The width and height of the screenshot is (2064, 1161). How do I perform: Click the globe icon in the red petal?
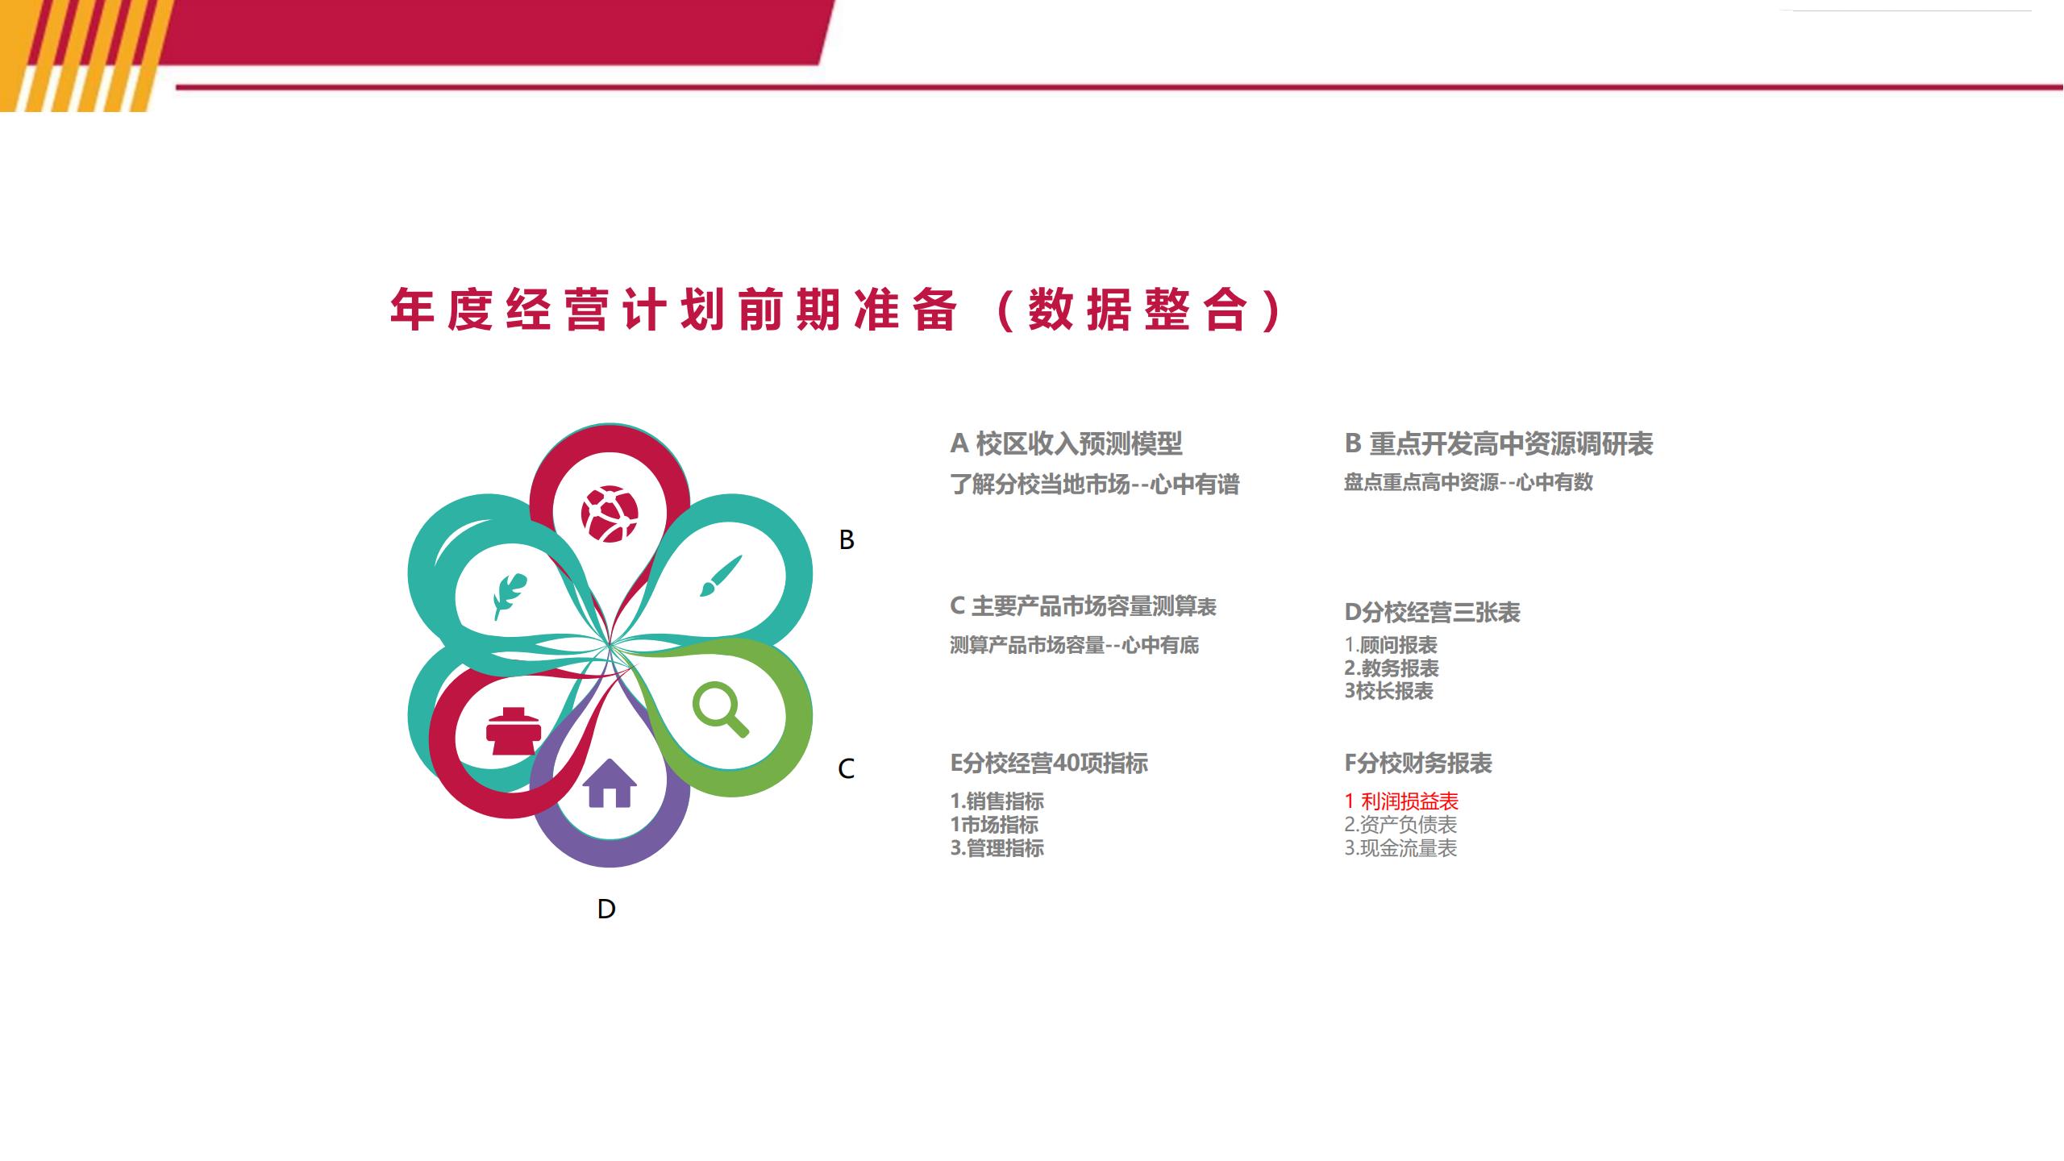610,514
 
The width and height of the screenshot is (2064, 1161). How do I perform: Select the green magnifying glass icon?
720,709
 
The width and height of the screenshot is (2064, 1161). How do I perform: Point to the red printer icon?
514,730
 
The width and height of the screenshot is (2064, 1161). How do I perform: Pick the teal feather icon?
510,596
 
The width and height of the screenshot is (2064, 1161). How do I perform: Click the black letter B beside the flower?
847,540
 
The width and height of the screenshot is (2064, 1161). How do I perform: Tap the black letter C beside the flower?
847,769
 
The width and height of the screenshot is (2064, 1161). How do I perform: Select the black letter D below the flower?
606,909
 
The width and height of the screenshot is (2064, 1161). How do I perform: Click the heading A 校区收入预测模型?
1066,443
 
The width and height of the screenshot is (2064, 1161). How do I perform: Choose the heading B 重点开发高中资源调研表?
1499,443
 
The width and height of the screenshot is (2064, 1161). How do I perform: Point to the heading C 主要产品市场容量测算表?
1083,606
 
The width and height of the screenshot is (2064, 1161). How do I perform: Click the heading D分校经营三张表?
1432,613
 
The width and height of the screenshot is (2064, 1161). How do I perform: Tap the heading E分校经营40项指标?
1049,764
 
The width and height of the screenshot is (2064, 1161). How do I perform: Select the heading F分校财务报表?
1418,764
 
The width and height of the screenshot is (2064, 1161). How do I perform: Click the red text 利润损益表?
1409,801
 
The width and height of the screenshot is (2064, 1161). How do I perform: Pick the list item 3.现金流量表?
1400,848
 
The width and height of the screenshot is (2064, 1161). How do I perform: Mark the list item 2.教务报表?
1392,668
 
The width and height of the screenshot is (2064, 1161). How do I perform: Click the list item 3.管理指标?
997,848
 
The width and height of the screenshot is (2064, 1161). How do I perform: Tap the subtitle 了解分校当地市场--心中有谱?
1094,485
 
